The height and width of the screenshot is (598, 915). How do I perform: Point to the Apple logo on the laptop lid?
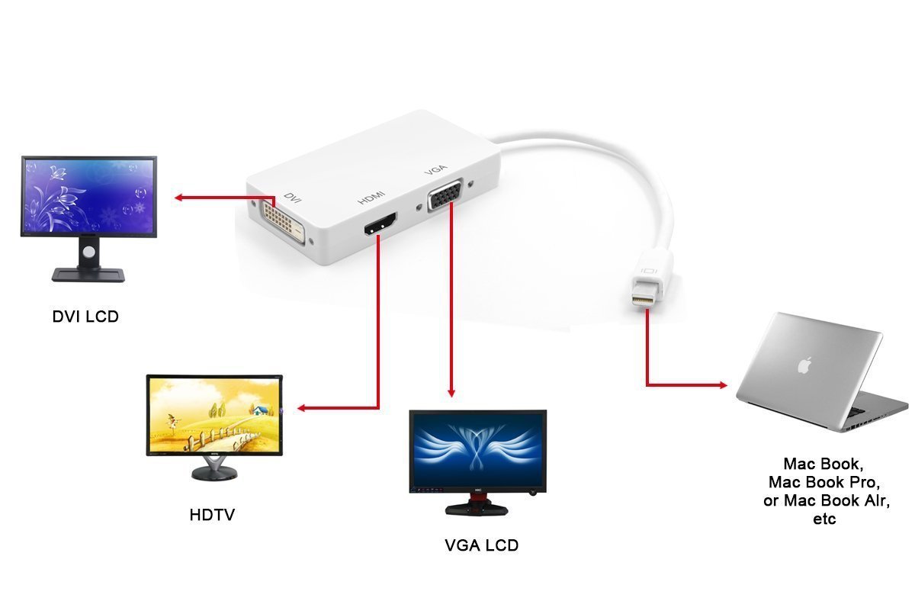tap(803, 365)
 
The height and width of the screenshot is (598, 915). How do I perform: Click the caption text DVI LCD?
tap(85, 315)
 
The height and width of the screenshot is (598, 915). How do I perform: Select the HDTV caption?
tap(212, 515)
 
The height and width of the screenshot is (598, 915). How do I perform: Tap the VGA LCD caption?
tap(481, 545)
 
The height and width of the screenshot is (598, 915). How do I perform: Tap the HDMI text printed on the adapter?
tap(371, 198)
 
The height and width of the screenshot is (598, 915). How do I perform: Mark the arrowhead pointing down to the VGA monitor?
tap(451, 391)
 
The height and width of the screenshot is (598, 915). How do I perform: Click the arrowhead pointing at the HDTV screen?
tap(302, 408)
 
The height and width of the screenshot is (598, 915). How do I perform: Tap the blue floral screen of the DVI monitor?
tap(88, 196)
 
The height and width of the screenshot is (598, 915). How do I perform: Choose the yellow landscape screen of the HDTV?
tap(214, 415)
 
